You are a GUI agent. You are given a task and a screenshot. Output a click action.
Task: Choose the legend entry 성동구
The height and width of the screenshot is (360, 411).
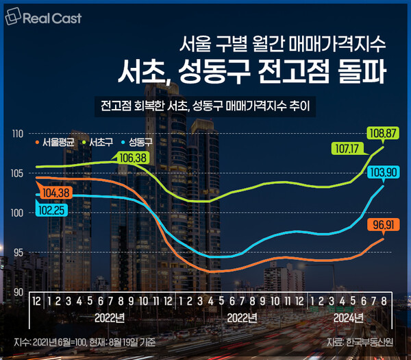140,143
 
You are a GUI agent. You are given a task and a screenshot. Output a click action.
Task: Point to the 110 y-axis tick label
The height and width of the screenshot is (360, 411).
18,132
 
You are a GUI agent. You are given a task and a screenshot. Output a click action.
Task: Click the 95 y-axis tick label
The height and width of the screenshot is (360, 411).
18,252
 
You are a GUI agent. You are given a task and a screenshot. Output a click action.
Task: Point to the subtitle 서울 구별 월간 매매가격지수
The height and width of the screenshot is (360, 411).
292,45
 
